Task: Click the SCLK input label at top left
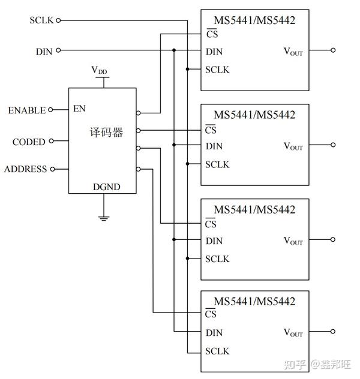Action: [x=41, y=20]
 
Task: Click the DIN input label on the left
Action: [x=44, y=52]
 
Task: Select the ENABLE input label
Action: [x=26, y=110]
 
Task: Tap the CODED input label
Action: [x=29, y=142]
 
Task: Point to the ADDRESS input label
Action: [x=25, y=169]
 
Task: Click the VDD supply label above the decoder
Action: [x=100, y=71]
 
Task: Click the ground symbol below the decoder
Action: [x=103, y=218]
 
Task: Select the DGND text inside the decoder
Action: [x=106, y=187]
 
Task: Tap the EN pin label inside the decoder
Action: [x=79, y=109]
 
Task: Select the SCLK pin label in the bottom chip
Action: [x=217, y=351]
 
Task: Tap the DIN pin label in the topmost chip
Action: [x=214, y=52]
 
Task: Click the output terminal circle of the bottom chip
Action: [x=333, y=331]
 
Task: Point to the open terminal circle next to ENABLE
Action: [x=50, y=110]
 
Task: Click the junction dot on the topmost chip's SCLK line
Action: [x=188, y=70]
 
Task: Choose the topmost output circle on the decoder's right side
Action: [x=139, y=112]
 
